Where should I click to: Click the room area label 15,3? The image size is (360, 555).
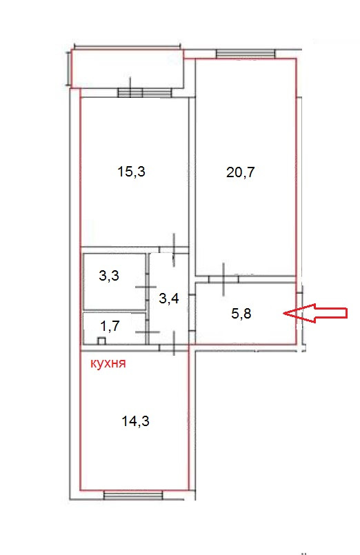(x=131, y=172)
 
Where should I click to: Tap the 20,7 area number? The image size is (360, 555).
(x=241, y=172)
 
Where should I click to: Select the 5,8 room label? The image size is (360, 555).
(x=241, y=313)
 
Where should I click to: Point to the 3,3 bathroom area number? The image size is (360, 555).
(x=109, y=275)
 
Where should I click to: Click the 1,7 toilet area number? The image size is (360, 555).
(x=110, y=325)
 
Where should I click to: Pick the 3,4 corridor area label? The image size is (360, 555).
(x=168, y=299)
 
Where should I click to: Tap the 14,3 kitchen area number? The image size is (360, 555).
(x=135, y=421)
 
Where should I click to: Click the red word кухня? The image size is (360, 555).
(x=108, y=363)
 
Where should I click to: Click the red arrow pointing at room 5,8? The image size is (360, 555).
(x=315, y=313)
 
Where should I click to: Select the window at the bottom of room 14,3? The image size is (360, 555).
(x=133, y=494)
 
